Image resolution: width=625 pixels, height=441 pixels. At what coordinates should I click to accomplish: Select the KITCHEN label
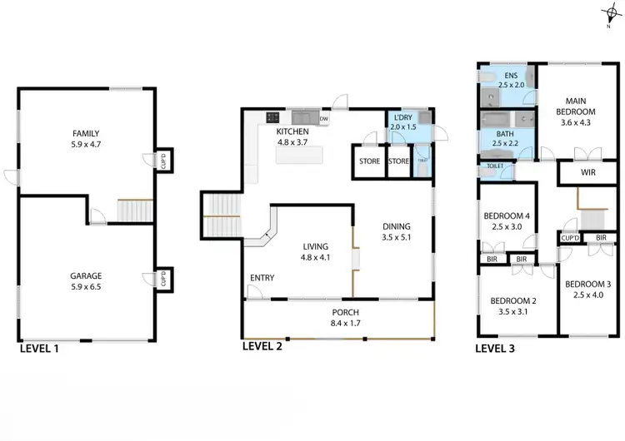pos(292,131)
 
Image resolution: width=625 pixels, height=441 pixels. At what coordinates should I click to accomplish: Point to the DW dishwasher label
pos(324,119)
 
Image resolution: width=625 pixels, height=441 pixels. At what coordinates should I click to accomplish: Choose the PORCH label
pos(344,313)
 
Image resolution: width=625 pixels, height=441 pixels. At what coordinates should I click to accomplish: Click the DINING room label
pos(396,225)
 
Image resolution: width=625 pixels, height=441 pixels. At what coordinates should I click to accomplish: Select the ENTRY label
pos(262,278)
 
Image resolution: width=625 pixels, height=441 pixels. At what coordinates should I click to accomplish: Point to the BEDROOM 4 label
pos(507,217)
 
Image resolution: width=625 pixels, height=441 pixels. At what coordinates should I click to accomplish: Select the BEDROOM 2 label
pos(511,300)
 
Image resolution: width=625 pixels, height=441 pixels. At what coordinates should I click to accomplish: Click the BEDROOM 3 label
pos(587,284)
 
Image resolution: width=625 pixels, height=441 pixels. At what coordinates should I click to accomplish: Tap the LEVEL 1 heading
pos(39,349)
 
